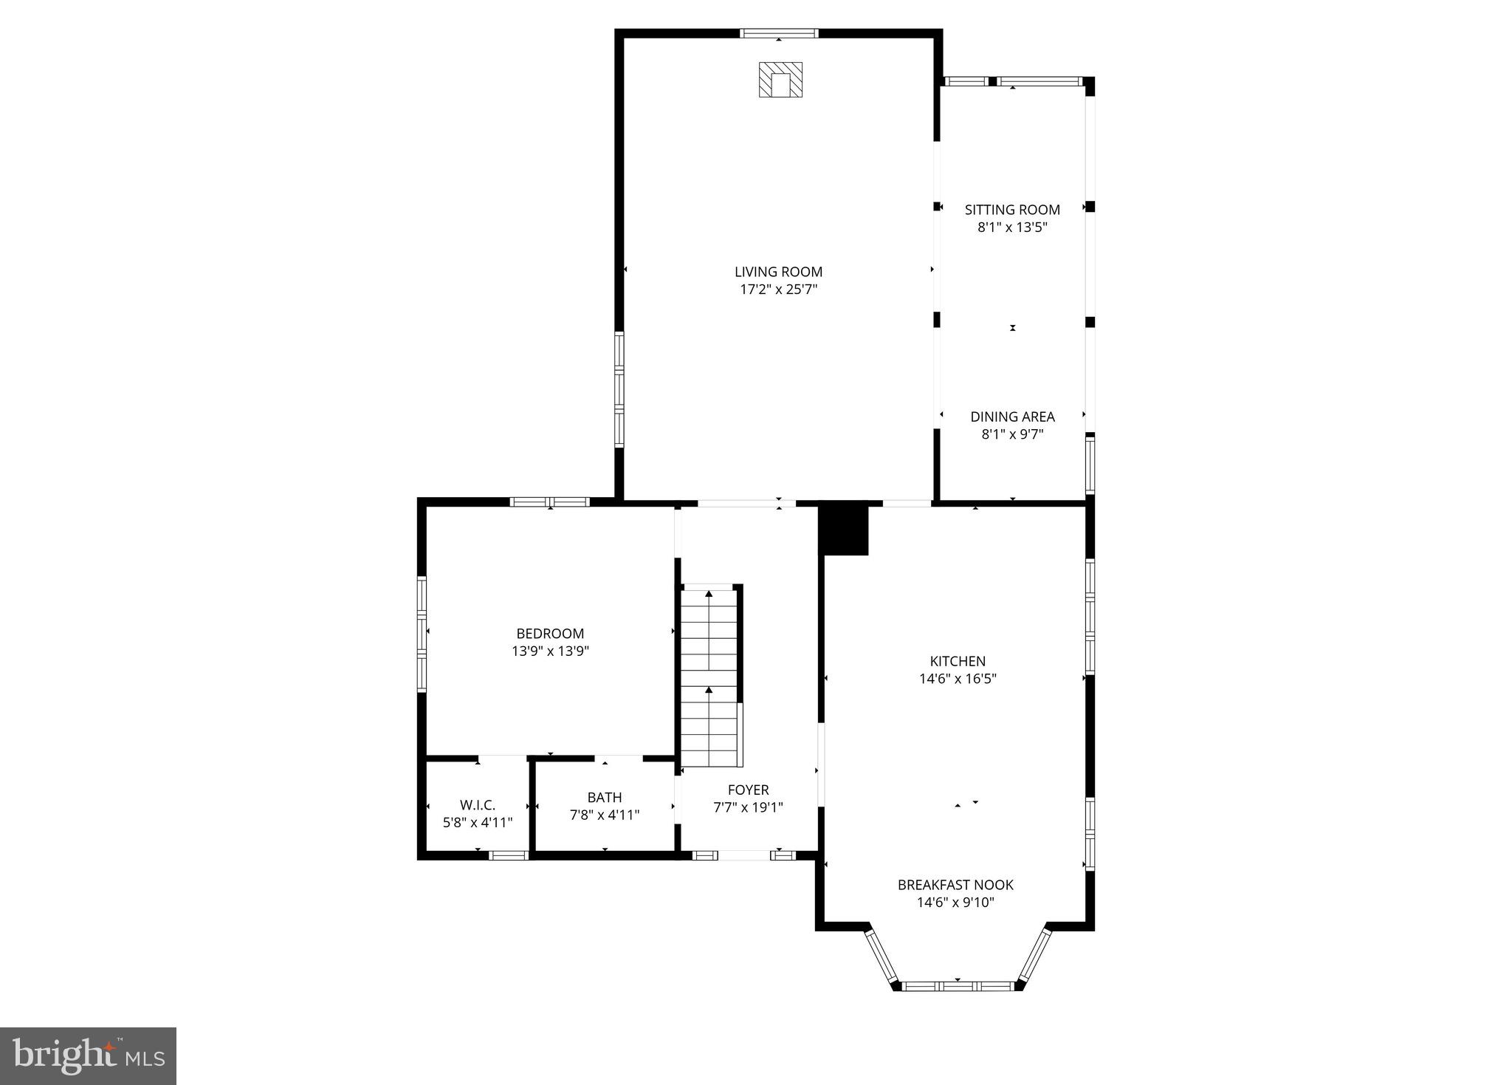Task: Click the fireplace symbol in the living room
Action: (780, 80)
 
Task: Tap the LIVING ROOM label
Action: (778, 272)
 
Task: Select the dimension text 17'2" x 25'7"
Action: (778, 290)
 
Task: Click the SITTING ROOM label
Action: (1012, 210)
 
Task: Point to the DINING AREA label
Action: (1012, 417)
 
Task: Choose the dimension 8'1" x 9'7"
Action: (1012, 434)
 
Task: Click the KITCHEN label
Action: (958, 661)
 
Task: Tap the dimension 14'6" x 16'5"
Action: (958, 679)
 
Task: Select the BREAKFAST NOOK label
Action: (955, 884)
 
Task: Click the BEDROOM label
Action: (550, 633)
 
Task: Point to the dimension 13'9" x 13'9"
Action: (550, 651)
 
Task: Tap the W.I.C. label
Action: (478, 804)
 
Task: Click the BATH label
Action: (605, 797)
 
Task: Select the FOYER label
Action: (748, 790)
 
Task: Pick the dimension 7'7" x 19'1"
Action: (748, 807)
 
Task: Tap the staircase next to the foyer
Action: (709, 676)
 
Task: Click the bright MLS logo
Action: (88, 1055)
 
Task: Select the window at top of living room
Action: (779, 33)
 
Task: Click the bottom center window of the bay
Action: (958, 985)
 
